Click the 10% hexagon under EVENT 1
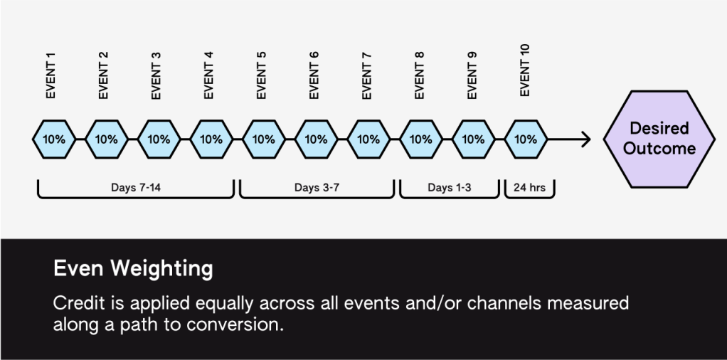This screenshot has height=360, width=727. (54, 139)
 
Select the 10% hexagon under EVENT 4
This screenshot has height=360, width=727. (211, 139)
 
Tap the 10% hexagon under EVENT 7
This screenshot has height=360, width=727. (368, 139)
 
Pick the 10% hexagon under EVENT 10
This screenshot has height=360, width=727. (526, 139)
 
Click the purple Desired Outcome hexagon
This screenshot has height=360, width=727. (659, 139)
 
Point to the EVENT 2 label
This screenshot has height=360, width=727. (103, 75)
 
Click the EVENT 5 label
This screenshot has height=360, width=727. (261, 75)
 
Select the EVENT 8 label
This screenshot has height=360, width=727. (419, 75)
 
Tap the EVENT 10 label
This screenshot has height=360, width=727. (524, 70)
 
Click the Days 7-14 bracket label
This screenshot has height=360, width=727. (136, 187)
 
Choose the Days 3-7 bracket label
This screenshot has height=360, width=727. (317, 187)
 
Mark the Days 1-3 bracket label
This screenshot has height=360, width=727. (450, 187)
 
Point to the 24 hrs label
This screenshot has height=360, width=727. (529, 187)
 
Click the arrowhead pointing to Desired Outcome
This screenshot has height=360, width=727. (586, 139)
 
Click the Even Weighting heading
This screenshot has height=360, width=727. (133, 269)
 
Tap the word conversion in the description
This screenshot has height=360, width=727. (235, 324)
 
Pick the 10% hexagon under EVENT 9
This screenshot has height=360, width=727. (473, 139)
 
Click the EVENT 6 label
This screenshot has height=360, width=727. (314, 75)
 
